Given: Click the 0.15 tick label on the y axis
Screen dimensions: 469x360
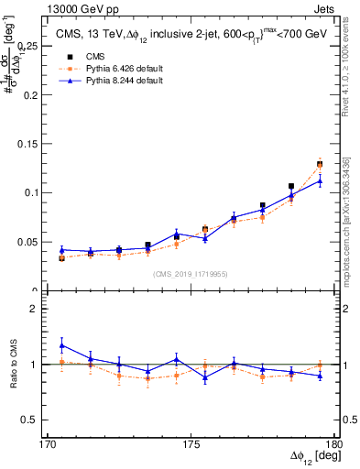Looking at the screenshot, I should [x=31, y=143].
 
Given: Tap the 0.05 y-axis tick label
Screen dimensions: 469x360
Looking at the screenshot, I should [x=31, y=242].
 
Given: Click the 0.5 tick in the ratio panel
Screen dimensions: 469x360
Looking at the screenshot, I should [x=35, y=420].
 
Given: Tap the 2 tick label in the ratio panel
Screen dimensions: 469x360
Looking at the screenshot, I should [x=39, y=309].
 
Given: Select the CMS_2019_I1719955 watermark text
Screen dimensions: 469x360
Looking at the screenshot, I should [x=191, y=273].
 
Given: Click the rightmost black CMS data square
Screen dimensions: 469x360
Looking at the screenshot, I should [x=320, y=164].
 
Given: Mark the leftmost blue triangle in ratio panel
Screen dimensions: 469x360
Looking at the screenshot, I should [x=61, y=345].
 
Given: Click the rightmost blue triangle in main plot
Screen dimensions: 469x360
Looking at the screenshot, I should [x=320, y=180].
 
